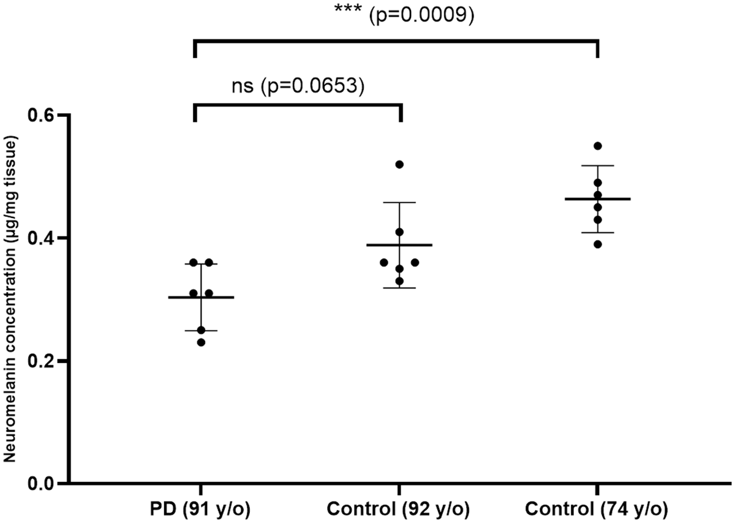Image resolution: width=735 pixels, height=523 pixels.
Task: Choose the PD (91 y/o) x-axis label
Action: (200, 510)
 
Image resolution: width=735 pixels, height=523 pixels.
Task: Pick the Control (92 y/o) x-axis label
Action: (398, 510)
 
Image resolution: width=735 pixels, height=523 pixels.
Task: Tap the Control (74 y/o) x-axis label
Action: (597, 510)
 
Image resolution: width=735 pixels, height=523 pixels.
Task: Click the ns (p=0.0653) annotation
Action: (298, 86)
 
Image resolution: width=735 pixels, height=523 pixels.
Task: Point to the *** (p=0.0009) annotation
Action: (404, 15)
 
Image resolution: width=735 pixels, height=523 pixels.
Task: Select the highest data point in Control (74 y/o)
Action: (598, 146)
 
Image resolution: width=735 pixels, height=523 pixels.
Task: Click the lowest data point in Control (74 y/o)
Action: (598, 244)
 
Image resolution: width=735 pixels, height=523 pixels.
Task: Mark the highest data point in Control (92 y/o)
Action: (399, 164)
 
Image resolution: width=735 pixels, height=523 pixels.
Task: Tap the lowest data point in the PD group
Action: (201, 342)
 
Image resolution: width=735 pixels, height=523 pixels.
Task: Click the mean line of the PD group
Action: (201, 297)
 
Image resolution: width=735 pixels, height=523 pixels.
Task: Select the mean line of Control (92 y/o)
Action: (399, 245)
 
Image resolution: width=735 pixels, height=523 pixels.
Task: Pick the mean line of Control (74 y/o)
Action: (598, 199)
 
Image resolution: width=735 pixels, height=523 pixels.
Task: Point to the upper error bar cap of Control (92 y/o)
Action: (399, 203)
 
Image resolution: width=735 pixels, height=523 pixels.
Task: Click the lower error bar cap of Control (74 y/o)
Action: (598, 233)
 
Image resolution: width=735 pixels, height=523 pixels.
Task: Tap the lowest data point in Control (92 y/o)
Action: (399, 281)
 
